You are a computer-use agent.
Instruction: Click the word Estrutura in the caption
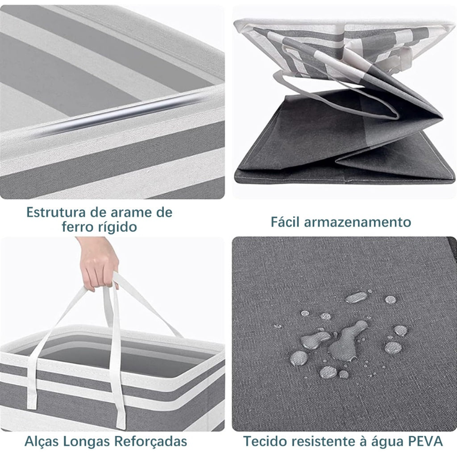56,212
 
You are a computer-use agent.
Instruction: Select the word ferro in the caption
77,227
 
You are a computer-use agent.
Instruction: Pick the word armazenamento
357,222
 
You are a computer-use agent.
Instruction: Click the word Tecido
263,441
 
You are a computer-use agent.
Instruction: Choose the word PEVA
428,441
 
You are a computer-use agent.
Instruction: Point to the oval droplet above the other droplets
356,297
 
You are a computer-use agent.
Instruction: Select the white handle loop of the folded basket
335,96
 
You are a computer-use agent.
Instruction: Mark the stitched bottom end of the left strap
33,402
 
